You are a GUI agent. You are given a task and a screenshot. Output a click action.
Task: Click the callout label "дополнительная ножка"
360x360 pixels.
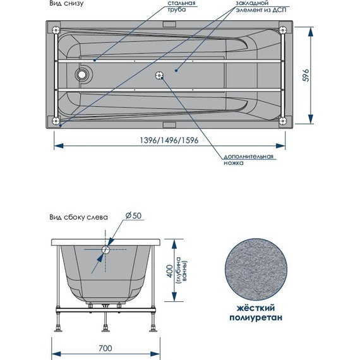coord(248,159)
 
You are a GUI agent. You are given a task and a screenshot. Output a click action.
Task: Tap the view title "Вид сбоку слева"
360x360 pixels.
coord(78,216)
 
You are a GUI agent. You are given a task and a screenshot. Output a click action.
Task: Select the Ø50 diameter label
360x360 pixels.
coord(133,215)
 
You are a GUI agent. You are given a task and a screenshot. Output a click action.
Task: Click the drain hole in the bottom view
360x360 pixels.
coord(82,75)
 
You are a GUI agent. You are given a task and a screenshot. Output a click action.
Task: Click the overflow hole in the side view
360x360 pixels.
coord(105,249)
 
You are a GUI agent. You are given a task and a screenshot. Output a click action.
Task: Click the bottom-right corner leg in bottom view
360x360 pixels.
coord(282,120)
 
